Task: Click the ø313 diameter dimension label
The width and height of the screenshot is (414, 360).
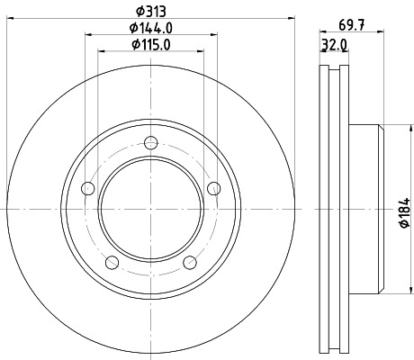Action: (150, 10)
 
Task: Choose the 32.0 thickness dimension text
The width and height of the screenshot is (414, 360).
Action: (334, 44)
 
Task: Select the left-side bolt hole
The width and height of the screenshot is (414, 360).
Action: (87, 187)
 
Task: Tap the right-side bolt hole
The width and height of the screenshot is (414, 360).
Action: (213, 187)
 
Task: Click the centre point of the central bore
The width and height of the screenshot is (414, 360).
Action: (150, 208)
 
